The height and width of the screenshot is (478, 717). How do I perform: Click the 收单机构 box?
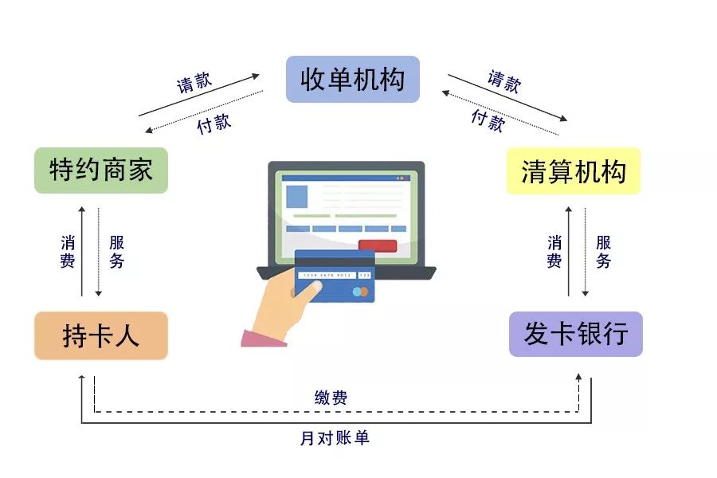(x=353, y=79)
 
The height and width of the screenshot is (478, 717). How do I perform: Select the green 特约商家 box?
(x=101, y=170)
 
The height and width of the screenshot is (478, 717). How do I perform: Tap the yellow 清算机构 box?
(x=574, y=171)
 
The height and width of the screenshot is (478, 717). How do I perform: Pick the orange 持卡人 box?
(x=101, y=335)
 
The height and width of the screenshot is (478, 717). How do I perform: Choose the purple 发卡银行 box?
(x=575, y=334)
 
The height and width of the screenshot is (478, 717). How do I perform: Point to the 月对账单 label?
(x=335, y=437)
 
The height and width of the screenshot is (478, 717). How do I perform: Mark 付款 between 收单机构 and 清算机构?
(x=487, y=120)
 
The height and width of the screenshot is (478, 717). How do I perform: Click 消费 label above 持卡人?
(x=68, y=251)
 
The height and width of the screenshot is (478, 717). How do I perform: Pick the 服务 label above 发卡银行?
(x=603, y=251)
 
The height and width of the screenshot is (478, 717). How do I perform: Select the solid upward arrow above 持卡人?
(x=81, y=251)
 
